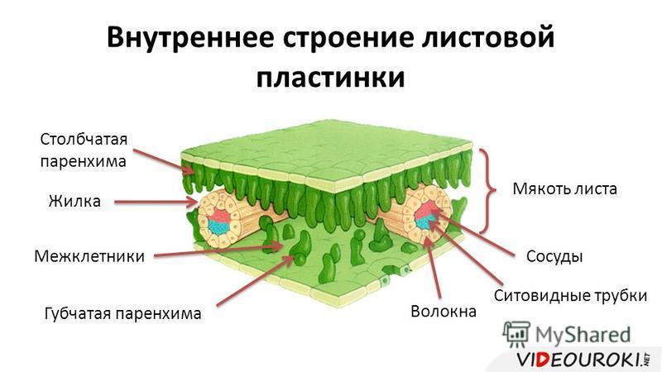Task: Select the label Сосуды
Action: tap(554, 256)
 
